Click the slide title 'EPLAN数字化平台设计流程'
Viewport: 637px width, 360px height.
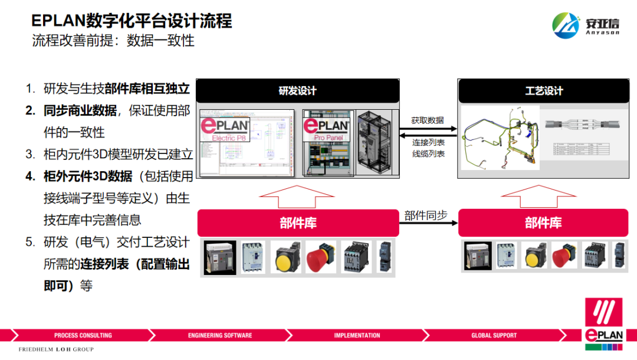click(x=132, y=21)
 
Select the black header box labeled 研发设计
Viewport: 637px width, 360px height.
click(x=298, y=91)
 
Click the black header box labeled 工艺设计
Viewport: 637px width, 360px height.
click(x=544, y=91)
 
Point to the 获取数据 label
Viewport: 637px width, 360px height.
click(x=428, y=120)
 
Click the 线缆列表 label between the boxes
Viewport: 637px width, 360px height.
click(x=428, y=154)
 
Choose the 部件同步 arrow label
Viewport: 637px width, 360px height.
click(x=424, y=215)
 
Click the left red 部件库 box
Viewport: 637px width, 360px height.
click(x=298, y=223)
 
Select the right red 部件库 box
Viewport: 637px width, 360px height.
click(x=543, y=223)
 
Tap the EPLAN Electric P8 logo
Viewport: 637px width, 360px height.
click(x=226, y=129)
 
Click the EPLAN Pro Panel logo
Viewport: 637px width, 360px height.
click(x=326, y=129)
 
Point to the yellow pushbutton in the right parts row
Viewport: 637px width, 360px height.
click(x=533, y=256)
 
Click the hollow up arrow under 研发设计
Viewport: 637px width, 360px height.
click(x=298, y=196)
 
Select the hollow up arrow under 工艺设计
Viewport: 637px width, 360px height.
click(x=543, y=196)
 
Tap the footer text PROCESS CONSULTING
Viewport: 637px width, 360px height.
click(x=83, y=336)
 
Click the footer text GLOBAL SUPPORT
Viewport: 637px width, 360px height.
click(x=494, y=336)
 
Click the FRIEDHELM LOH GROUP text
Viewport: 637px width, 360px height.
click(x=56, y=350)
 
